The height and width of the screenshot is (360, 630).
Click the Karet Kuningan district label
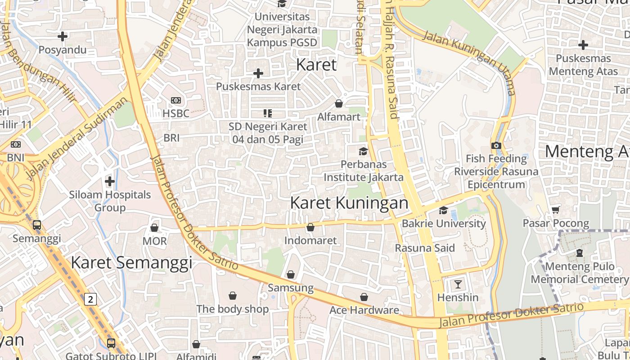pos(349,203)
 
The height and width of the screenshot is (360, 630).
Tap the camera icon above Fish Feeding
pos(496,145)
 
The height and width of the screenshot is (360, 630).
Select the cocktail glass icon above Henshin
pos(458,284)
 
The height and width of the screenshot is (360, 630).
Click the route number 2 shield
pos(91,299)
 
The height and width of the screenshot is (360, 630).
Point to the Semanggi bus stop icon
pos(37,225)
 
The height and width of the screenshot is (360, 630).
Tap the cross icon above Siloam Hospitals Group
pos(109,181)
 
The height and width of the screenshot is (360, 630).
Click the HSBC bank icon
pos(176,100)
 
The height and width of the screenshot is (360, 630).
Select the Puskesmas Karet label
pos(258,86)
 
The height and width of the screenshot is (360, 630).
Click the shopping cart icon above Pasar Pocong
pos(556,210)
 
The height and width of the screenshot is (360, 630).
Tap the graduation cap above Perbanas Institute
pos(363,151)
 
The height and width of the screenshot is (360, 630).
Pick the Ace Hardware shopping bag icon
pos(364,297)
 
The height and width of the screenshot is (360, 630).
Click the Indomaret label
pos(310,241)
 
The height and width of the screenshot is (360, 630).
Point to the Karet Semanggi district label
pos(131,263)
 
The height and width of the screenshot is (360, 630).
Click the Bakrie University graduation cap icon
pos(443,211)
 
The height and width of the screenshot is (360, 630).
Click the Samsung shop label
pos(290,288)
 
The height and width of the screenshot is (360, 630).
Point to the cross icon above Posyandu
pos(63,36)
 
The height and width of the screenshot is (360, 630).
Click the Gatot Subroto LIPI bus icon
pos(111,343)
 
